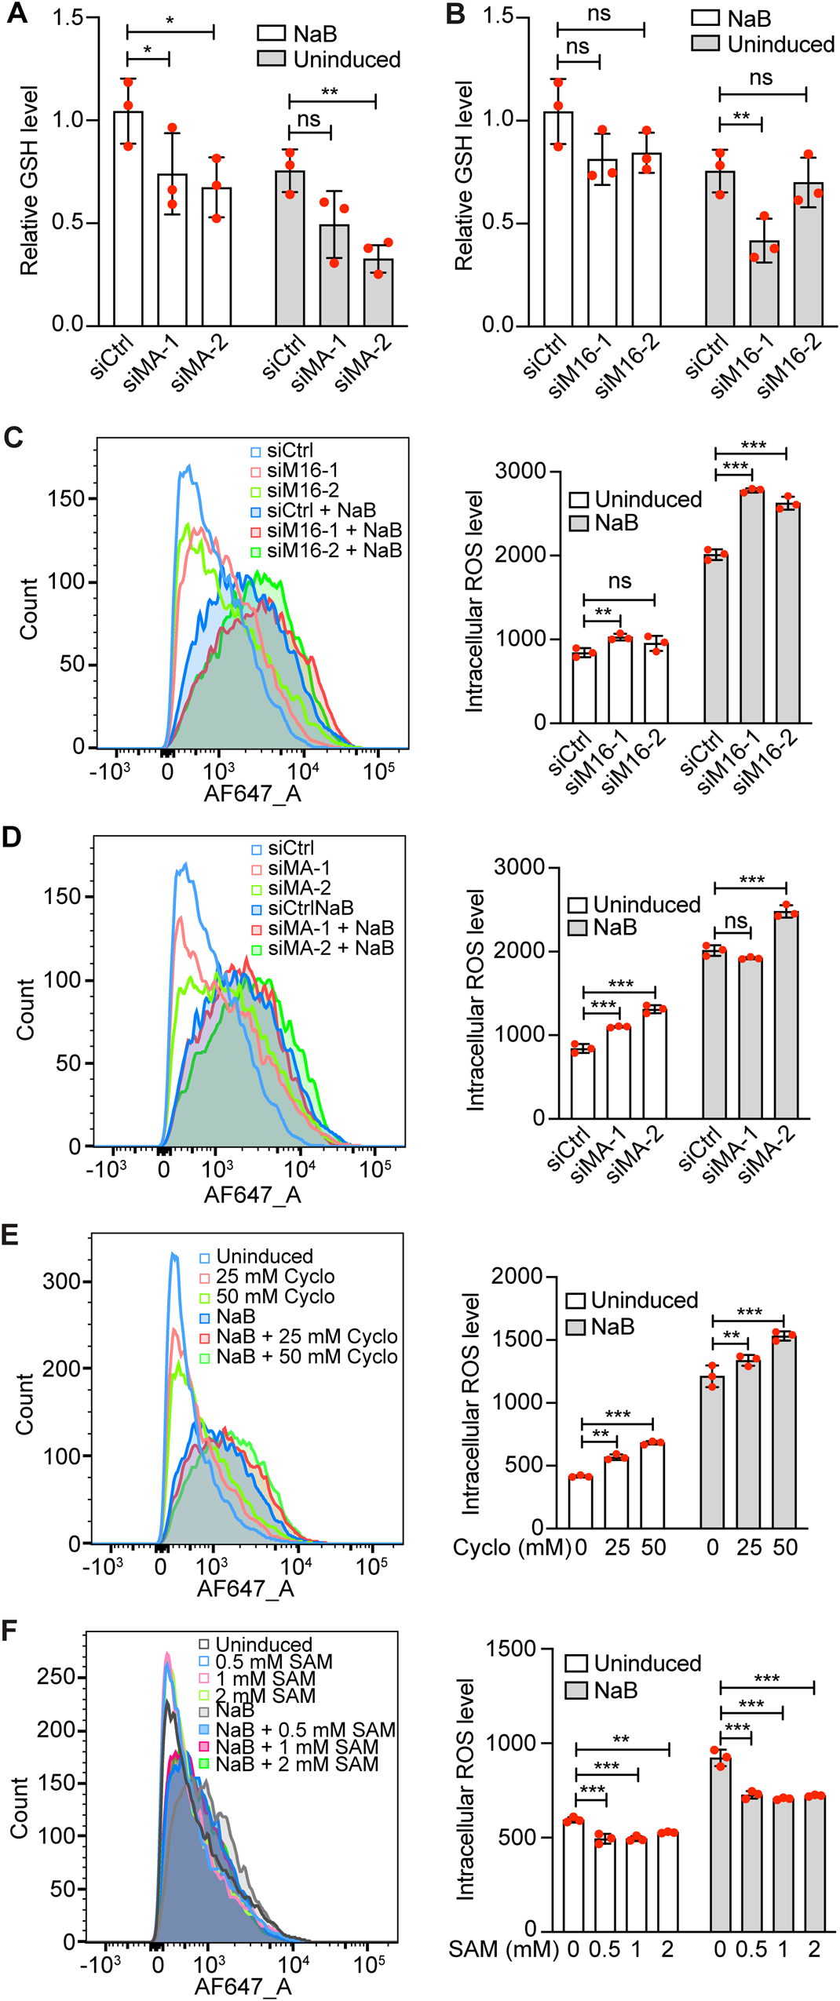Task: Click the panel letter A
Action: click(x=16, y=14)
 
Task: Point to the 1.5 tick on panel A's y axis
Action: click(x=68, y=18)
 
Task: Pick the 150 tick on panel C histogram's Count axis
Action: click(x=67, y=498)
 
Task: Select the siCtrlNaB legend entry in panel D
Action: click(x=310, y=908)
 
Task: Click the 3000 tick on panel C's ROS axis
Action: click(x=520, y=472)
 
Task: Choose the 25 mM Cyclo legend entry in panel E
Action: click(x=275, y=1277)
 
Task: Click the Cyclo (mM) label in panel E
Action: click(x=512, y=1547)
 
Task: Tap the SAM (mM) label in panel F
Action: click(x=503, y=1949)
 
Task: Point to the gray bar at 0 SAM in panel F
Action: click(x=721, y=1844)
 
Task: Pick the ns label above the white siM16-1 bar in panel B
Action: click(x=577, y=47)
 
